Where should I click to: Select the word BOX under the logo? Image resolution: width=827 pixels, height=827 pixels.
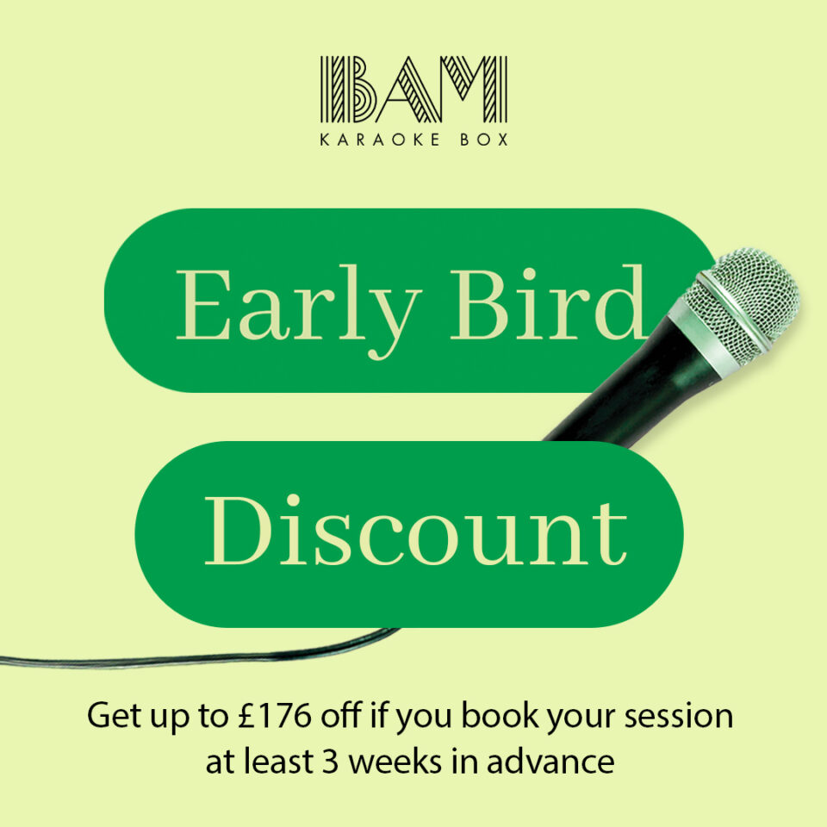coord(483,139)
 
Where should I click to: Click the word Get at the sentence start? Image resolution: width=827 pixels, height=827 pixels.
coord(112,717)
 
